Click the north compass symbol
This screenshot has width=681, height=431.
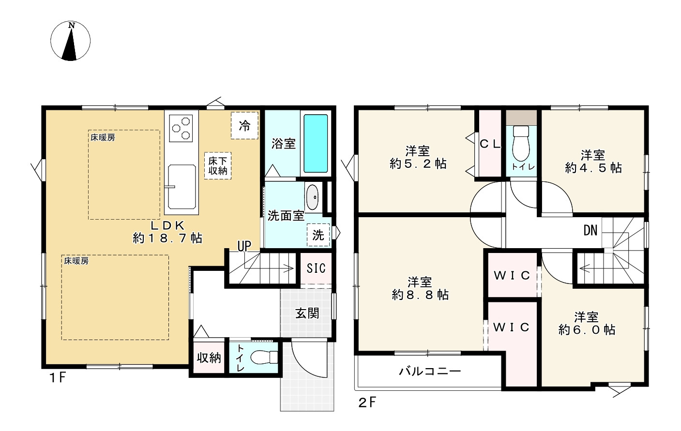point(71,41)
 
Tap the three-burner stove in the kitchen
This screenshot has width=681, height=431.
point(181,127)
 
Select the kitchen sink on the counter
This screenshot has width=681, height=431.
point(181,182)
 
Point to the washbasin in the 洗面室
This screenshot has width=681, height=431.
point(313,197)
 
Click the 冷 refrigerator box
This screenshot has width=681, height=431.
point(244,126)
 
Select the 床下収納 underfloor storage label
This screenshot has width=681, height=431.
point(218,165)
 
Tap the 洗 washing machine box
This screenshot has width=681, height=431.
point(318,235)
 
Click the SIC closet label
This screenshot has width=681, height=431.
point(316,268)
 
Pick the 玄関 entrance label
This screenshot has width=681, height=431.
point(307,313)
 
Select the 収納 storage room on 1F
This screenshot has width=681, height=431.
point(209,358)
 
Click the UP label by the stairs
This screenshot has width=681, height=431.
point(244,246)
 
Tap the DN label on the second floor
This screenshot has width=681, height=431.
point(590,230)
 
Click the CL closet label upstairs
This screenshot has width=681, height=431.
point(490,144)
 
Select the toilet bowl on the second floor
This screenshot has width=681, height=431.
point(521,142)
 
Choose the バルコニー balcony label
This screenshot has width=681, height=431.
point(430,372)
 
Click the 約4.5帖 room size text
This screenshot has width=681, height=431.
point(593,168)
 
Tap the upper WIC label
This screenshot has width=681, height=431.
point(512,275)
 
